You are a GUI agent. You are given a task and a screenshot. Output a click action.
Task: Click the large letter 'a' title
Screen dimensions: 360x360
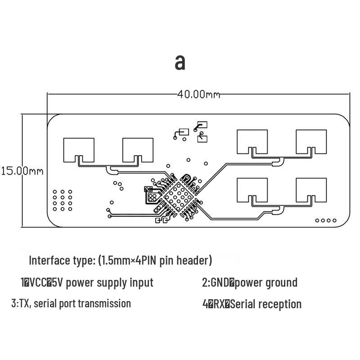tap(180, 62)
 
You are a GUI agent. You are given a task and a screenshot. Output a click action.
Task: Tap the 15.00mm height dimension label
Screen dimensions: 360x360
tap(22, 171)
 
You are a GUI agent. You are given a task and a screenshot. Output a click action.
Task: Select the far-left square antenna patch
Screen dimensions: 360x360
tap(79, 149)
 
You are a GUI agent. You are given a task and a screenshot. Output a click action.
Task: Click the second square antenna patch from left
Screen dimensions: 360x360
tap(138, 149)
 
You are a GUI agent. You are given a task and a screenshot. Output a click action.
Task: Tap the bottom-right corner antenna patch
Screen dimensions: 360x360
tap(311, 190)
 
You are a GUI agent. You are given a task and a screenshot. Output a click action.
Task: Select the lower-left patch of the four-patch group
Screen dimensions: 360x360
tap(252, 190)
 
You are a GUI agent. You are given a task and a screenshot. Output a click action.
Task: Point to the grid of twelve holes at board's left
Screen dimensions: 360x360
tap(62, 200)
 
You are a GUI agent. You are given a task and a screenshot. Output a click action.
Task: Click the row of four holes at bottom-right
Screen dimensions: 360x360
tap(326, 220)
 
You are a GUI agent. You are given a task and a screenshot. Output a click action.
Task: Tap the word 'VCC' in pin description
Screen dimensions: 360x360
tap(38, 283)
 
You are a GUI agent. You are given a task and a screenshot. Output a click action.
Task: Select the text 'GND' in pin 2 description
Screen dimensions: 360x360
tap(220, 283)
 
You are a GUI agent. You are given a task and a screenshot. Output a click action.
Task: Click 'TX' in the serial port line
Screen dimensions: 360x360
tap(24, 303)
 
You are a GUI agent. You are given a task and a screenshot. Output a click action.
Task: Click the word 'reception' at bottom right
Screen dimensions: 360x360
tap(279, 304)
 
